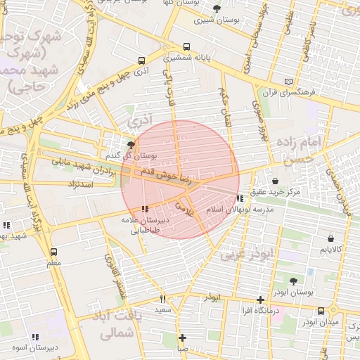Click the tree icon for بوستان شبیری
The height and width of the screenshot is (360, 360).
(x=216, y=8)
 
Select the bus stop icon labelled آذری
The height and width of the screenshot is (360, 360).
(x=143, y=60)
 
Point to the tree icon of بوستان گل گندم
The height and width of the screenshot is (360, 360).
(x=131, y=144)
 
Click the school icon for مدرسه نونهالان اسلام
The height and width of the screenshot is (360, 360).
(x=240, y=198)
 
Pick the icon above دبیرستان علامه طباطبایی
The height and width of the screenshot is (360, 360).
(x=145, y=209)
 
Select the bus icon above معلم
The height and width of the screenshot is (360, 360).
(x=53, y=251)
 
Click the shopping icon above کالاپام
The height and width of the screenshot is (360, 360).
(x=330, y=238)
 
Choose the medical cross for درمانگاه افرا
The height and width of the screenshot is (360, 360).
(x=261, y=300)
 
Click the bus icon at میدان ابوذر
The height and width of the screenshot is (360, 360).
(x=321, y=311)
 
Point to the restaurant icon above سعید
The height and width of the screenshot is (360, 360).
(x=163, y=299)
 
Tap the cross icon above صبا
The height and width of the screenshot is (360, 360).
(x=182, y=337)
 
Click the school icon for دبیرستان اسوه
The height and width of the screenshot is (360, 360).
(x=35, y=337)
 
